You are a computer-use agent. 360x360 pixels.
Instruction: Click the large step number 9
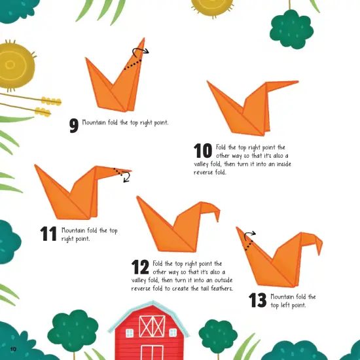73,126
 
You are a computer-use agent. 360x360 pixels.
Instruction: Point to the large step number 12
140,266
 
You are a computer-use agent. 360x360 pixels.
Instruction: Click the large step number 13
258,300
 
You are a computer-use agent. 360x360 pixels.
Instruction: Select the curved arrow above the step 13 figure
249,234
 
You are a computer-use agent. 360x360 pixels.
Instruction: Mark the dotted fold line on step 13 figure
247,244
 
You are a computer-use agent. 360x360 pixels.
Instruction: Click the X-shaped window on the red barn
152,325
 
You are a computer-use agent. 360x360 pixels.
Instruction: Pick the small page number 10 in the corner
13,347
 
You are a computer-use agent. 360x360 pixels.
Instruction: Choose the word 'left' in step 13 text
288,305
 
